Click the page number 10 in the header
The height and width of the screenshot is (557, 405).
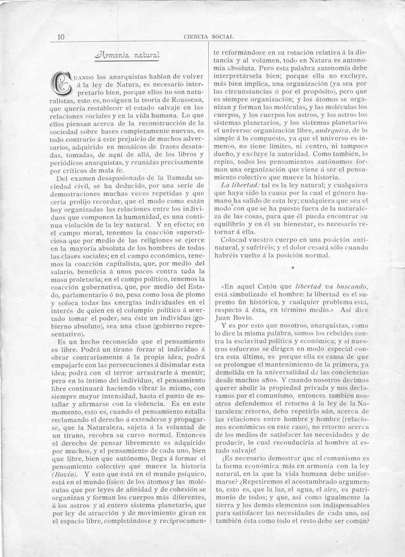[x=60, y=37]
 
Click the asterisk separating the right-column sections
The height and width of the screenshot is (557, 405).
[x=292, y=268]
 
